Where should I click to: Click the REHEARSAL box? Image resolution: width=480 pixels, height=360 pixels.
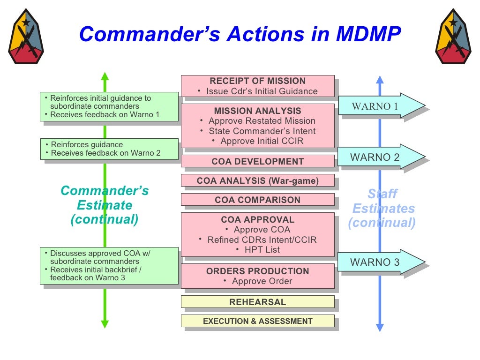click(x=257, y=302)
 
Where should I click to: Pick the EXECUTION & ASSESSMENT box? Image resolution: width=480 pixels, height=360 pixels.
click(x=257, y=321)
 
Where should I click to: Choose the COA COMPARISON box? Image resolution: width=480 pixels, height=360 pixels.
click(x=257, y=200)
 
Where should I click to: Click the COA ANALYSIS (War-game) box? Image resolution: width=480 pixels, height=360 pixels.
click(x=257, y=180)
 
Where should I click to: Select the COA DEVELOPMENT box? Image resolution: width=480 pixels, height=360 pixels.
click(x=257, y=161)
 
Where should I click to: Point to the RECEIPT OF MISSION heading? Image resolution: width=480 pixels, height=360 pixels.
click(x=257, y=81)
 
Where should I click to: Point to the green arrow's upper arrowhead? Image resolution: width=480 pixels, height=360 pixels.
click(x=105, y=76)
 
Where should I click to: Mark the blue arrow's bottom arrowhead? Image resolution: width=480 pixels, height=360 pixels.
click(x=380, y=327)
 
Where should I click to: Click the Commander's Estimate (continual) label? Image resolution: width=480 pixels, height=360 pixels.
click(x=105, y=205)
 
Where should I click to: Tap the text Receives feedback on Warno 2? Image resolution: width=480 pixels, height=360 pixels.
click(x=105, y=153)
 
